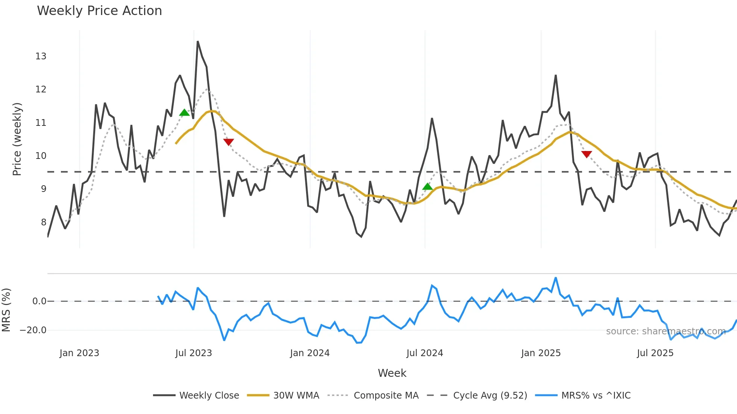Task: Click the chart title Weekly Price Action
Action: click(99, 11)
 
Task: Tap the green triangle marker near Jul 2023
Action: click(184, 112)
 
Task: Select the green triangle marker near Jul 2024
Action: click(428, 186)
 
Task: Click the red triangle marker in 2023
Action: click(228, 142)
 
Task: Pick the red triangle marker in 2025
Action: click(587, 154)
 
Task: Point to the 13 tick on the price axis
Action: click(41, 56)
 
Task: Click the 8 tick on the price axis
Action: click(44, 222)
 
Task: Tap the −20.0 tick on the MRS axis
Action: click(33, 330)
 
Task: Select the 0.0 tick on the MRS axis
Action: click(39, 301)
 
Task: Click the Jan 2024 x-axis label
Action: click(309, 353)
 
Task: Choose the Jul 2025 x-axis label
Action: click(655, 353)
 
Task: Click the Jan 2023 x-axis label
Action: click(79, 353)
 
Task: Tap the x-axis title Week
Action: click(392, 373)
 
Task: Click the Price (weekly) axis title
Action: click(17, 139)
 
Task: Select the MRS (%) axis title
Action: click(6, 310)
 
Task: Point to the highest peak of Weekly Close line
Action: click(197, 42)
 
